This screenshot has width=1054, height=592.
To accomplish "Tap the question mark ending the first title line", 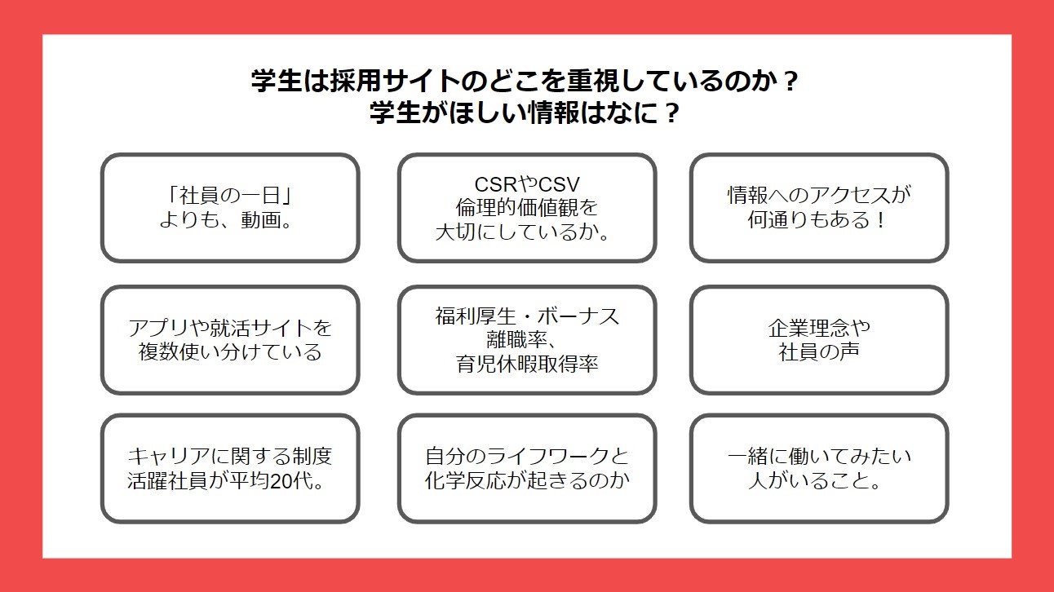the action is pos(791,81).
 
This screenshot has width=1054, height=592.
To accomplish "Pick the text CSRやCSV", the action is pos(527,184).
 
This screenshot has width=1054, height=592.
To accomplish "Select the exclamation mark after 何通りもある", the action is pos(881,219).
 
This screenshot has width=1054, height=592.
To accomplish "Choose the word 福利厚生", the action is pos(476,316).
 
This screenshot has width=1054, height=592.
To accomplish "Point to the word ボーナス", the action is pos(578,316).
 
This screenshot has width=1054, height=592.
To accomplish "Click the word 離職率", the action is pos(516,340).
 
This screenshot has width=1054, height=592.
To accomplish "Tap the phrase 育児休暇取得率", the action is pos(527,364).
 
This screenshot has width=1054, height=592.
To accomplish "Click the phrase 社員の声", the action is pos(819,351).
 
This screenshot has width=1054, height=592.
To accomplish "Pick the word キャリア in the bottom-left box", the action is pos(169,456).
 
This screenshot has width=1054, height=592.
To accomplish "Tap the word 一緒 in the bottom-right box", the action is pos(748,456).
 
